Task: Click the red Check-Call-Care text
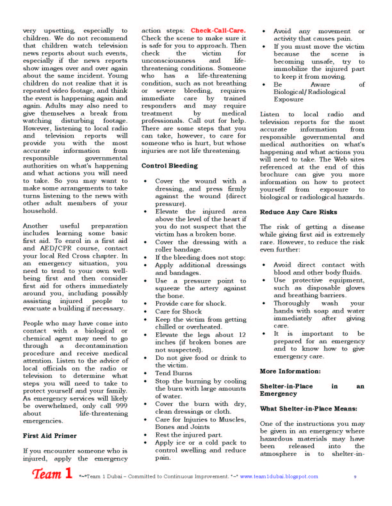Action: point(218,31)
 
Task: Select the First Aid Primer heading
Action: point(50,436)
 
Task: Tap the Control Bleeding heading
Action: point(169,166)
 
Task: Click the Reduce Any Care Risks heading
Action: point(298,212)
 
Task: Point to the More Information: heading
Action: point(290,371)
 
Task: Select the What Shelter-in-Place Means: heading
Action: point(308,409)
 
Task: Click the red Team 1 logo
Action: point(52,474)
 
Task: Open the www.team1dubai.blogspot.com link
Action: point(279,476)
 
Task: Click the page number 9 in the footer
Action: point(355,477)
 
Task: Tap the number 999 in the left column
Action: point(122,406)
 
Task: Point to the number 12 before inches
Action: point(242,335)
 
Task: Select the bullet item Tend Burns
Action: point(174,373)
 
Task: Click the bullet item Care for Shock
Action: point(178,311)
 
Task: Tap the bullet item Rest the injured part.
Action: point(188,435)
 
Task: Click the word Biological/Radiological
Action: point(309,92)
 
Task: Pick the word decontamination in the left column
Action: point(101,346)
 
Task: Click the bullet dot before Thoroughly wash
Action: point(264,303)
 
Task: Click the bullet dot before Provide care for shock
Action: point(145,304)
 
